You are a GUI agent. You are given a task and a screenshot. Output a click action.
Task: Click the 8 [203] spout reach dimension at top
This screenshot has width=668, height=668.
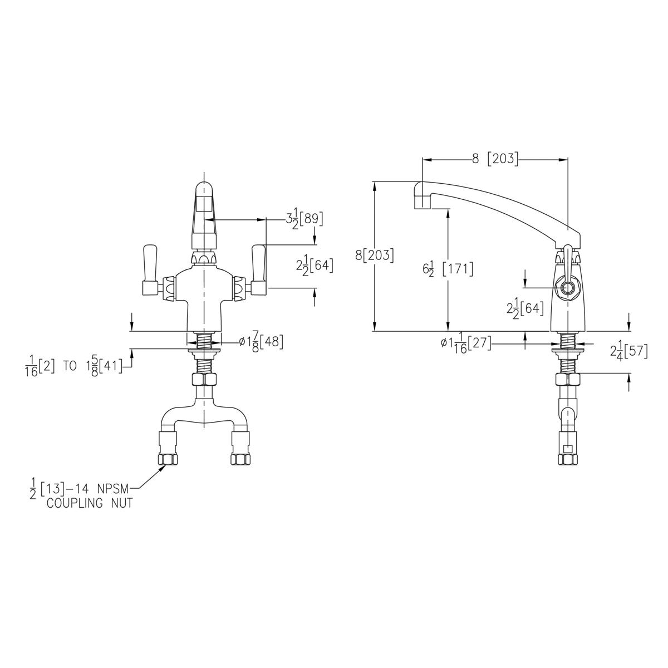pyautogui.click(x=495, y=159)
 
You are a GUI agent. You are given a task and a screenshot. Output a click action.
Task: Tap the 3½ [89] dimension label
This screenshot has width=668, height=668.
pyautogui.click(x=304, y=220)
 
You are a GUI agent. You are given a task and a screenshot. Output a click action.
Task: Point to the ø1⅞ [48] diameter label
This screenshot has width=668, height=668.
pyautogui.click(x=261, y=342)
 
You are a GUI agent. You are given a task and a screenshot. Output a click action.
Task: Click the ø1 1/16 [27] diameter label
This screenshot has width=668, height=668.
pyautogui.click(x=466, y=344)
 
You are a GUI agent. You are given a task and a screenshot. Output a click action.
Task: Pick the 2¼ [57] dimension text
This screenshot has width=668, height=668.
pyautogui.click(x=629, y=351)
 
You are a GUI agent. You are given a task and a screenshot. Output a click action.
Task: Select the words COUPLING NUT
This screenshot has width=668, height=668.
pyautogui.click(x=90, y=503)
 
